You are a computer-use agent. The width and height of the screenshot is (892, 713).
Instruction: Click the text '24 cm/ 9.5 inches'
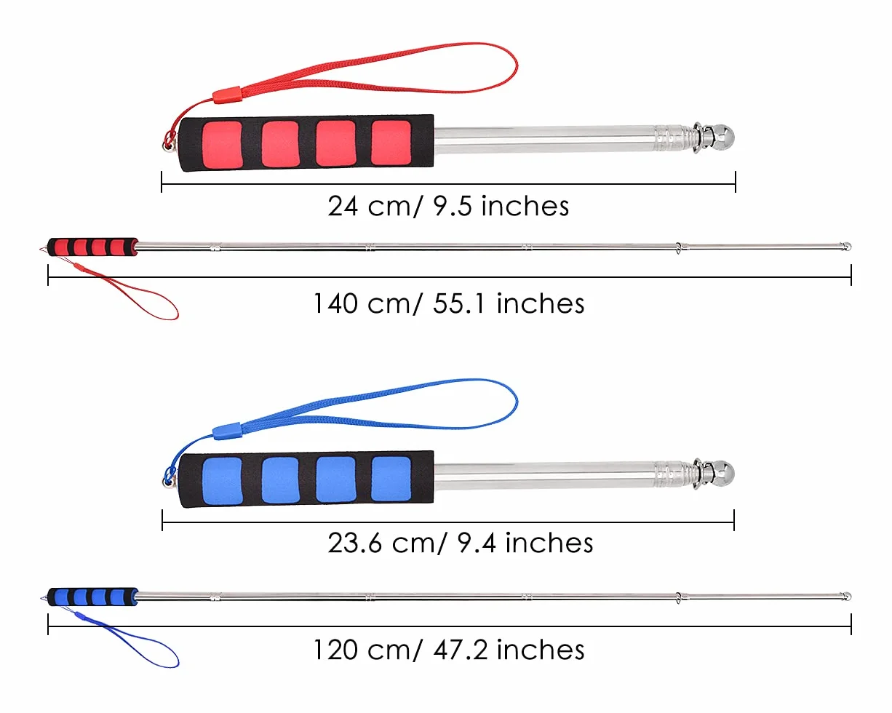point(448,206)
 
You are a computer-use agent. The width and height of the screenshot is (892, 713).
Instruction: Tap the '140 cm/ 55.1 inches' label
point(449,303)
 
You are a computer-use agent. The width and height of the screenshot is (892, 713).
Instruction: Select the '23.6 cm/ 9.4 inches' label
point(460,543)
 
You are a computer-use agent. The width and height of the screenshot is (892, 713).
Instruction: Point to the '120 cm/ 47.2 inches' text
point(449,650)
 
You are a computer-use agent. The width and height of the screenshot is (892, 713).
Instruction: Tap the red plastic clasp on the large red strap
point(226,95)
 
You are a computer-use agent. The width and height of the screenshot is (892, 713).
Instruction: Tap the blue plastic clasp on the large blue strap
point(226,431)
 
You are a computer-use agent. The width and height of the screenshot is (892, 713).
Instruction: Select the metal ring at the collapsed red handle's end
point(167,146)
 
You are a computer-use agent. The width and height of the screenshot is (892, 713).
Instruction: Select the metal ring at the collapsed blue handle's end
point(167,482)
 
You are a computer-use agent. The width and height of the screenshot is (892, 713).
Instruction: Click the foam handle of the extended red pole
point(92,247)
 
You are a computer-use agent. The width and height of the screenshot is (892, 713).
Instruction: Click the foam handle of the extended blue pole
point(92,597)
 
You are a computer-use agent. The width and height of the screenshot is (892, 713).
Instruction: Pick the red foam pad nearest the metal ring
point(222,145)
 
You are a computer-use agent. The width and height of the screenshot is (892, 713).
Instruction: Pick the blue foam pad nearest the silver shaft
point(391,479)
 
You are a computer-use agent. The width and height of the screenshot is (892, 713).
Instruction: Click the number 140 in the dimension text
point(335,303)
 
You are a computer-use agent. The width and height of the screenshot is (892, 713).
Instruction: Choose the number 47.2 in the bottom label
point(461,650)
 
